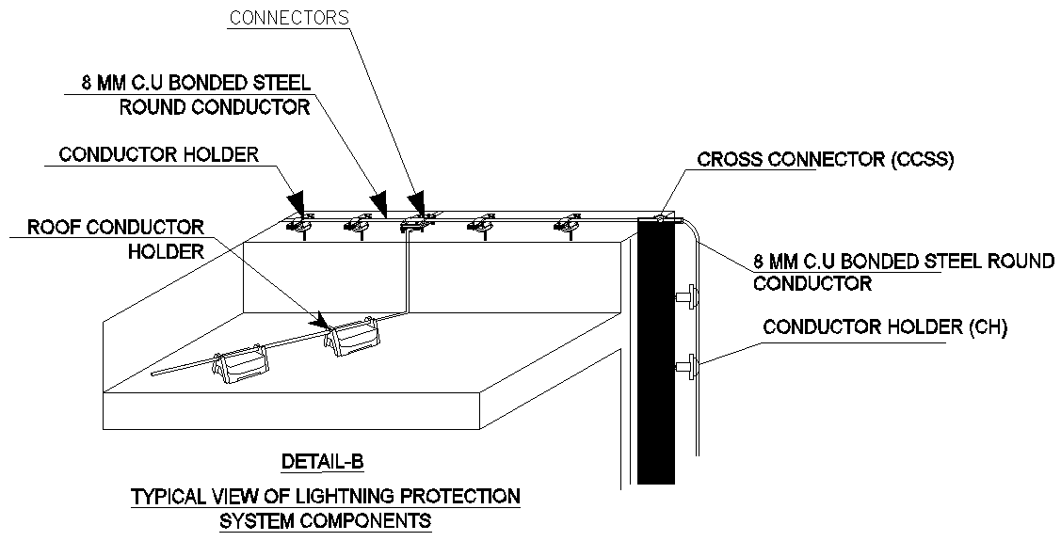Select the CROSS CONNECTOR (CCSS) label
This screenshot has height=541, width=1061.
(x=826, y=159)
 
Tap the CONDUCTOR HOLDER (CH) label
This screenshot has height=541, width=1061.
(x=885, y=327)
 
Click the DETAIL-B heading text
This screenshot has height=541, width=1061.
(x=322, y=463)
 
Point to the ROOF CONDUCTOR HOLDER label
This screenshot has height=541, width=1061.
(x=115, y=239)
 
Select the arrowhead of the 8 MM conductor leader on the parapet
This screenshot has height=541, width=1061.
(x=378, y=204)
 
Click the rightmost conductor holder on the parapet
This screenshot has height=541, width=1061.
(x=567, y=223)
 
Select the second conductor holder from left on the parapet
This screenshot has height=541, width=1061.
(x=359, y=223)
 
